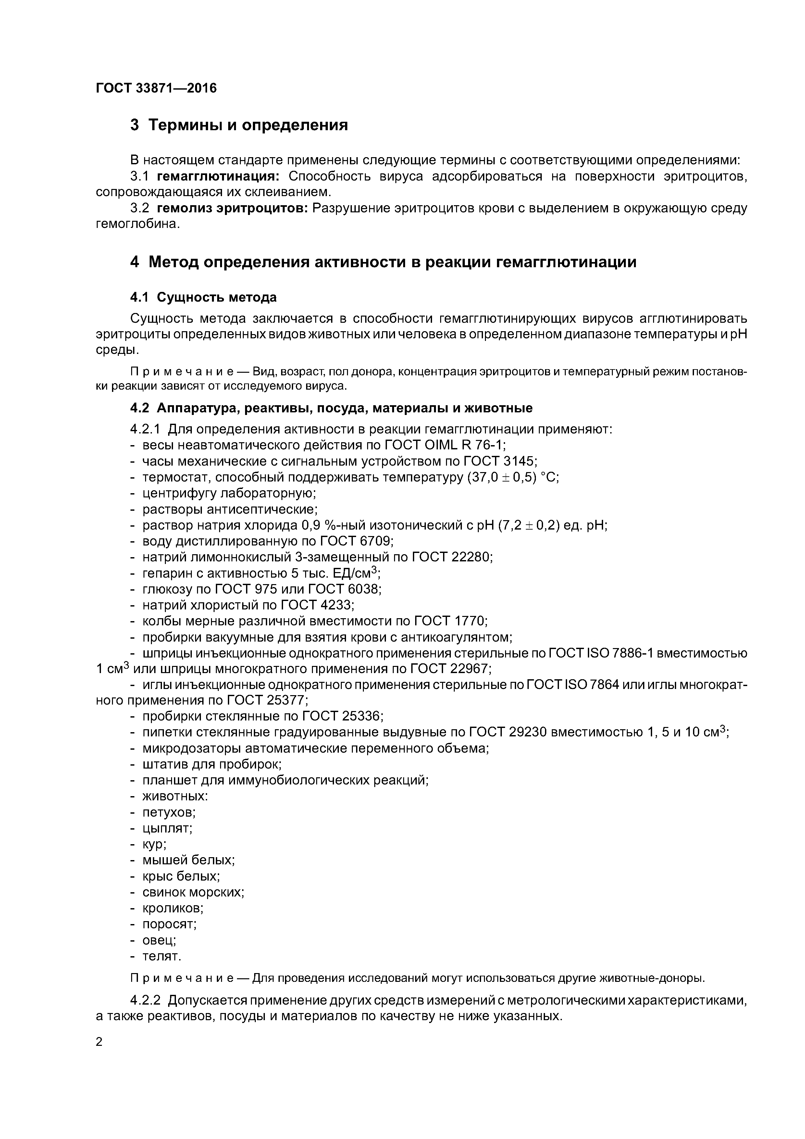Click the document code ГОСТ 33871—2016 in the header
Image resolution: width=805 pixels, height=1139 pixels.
156,88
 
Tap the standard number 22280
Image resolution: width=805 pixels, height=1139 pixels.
472,557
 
